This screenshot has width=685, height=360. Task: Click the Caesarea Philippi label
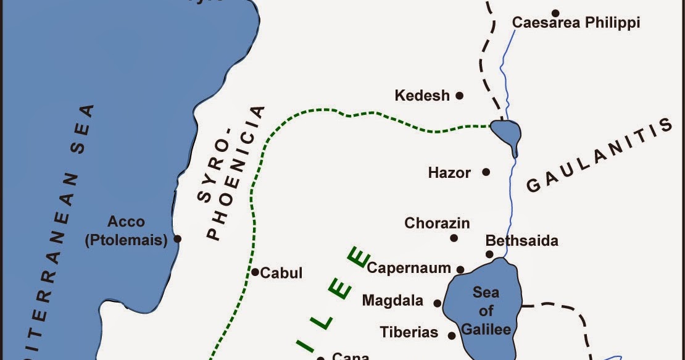[576, 23]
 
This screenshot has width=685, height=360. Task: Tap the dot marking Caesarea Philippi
[555, 12]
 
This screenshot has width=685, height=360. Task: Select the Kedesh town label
[422, 96]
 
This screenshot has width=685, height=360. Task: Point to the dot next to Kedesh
[459, 96]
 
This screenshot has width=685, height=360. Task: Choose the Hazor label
[449, 173]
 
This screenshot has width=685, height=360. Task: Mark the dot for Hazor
[486, 172]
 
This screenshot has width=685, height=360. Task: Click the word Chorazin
[437, 223]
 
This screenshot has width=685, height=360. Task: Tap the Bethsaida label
[521, 240]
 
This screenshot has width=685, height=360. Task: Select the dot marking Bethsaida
[489, 254]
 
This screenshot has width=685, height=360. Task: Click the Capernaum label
[409, 268]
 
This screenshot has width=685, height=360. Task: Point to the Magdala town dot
[438, 303]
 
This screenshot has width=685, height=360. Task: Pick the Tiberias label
[409, 332]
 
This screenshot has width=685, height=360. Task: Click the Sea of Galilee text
[486, 311]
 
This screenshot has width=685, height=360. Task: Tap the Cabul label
[281, 273]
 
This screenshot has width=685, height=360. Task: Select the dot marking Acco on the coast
[178, 238]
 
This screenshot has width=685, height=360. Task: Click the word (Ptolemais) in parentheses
[126, 240]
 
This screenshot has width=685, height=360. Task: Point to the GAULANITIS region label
[599, 157]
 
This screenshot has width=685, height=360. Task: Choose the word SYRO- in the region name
[215, 175]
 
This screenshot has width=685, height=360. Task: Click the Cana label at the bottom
[350, 356]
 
